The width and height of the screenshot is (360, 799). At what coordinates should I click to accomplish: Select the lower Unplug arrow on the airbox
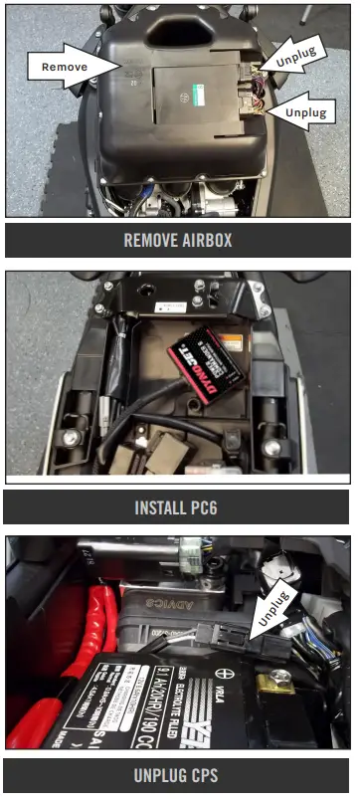(307, 108)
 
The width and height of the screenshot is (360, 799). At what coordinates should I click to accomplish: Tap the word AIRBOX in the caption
(207, 240)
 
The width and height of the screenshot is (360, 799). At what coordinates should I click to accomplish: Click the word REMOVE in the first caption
(151, 240)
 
